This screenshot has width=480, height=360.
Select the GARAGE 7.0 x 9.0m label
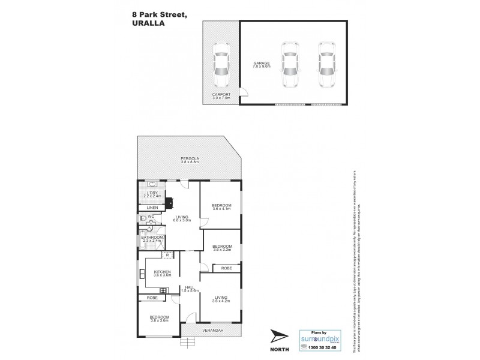pyautogui.click(x=260, y=64)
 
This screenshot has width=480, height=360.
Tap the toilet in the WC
pyautogui.click(x=142, y=219)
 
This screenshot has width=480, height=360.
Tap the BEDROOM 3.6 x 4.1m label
pyautogui.click(x=221, y=208)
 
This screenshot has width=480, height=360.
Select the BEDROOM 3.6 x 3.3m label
pyautogui.click(x=222, y=247)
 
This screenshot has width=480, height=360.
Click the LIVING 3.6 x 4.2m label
pyautogui.click(x=221, y=299)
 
